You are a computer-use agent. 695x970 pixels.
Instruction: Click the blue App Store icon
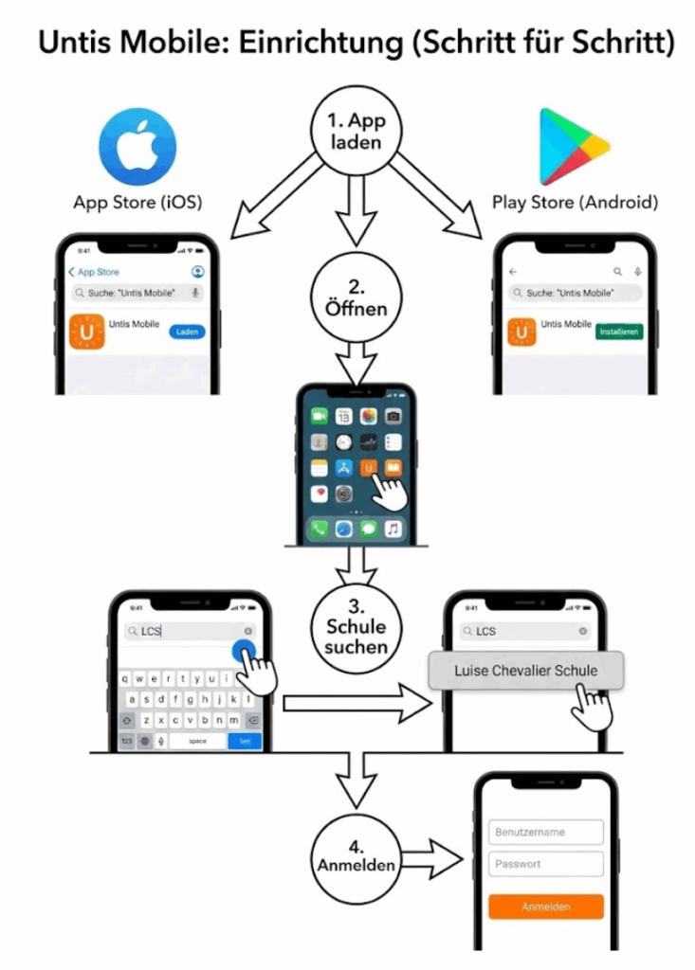click(137, 146)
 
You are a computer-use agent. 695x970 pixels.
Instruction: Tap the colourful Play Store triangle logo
click(572, 147)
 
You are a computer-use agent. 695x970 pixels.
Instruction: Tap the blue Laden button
click(187, 332)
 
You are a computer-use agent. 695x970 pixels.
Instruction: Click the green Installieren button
click(618, 332)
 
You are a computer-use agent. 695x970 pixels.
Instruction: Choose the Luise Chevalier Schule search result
click(525, 671)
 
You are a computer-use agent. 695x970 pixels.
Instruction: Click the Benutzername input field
click(546, 833)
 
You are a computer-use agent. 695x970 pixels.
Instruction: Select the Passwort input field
click(546, 864)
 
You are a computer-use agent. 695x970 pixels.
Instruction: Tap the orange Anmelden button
click(546, 907)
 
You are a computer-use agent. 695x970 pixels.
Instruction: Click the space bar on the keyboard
click(197, 741)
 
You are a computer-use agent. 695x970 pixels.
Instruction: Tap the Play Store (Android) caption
click(575, 203)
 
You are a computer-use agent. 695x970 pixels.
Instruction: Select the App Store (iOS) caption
click(137, 203)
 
